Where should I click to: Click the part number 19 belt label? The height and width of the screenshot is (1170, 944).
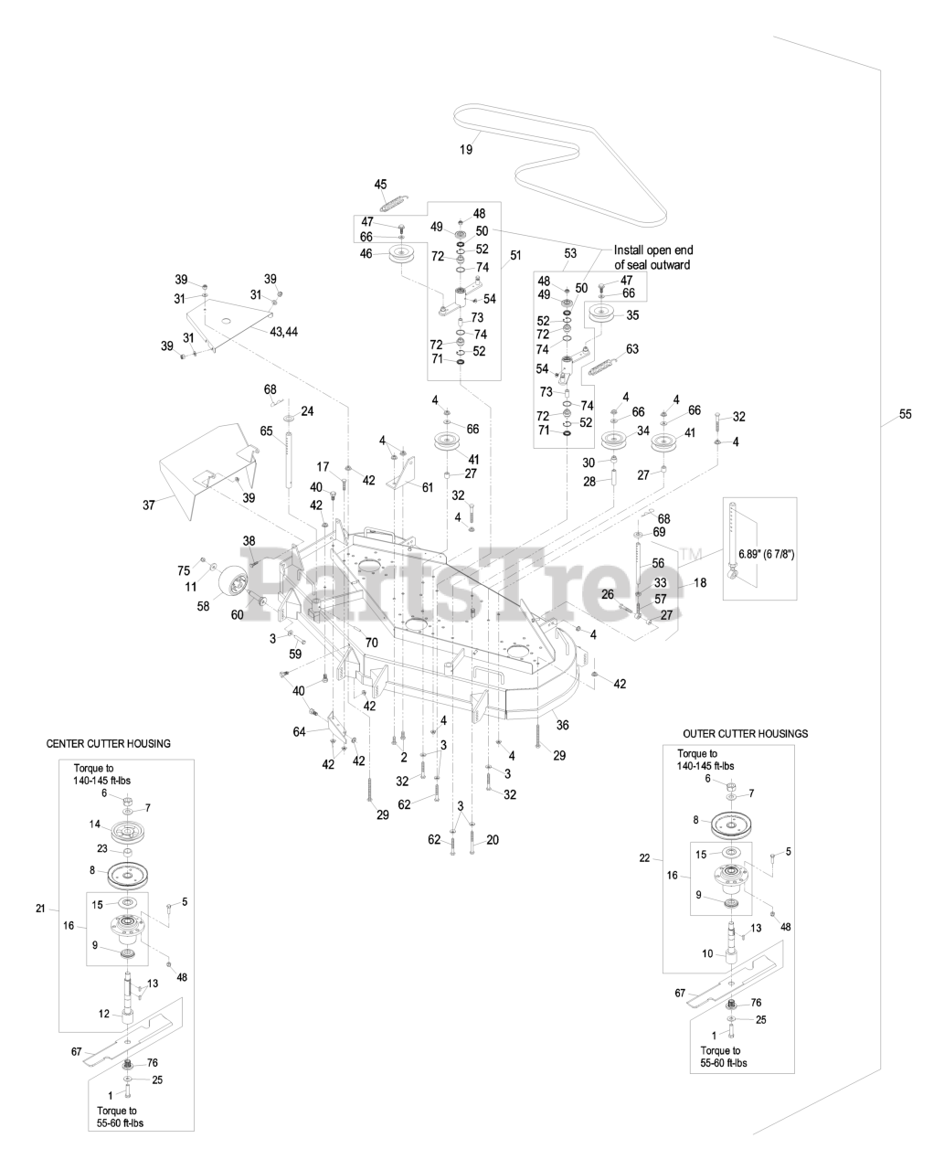[x=466, y=149]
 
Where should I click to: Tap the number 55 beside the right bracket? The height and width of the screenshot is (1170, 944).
[x=905, y=414]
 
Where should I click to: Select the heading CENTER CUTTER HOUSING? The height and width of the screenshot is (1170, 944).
[x=108, y=744]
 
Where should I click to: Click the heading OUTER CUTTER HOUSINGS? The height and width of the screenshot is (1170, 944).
[x=746, y=734]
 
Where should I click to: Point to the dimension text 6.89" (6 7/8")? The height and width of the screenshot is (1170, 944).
[x=760, y=553]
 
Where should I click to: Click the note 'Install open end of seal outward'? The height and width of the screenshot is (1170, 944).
[x=652, y=258]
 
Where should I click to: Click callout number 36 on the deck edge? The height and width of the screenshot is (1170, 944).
[x=562, y=725]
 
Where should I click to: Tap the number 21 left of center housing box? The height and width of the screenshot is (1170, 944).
[x=40, y=908]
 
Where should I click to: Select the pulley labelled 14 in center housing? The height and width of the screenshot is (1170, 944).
[x=126, y=833]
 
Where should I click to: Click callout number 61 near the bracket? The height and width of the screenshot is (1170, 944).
[x=427, y=487]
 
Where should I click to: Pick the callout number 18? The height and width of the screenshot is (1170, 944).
[x=701, y=581]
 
